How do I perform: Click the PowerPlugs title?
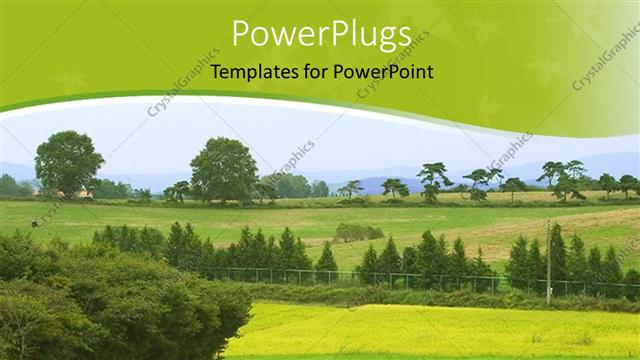[x=321, y=35]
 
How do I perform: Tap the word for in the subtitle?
[x=316, y=72]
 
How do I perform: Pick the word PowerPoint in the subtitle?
[x=384, y=72]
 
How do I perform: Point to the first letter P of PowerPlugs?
[x=241, y=34]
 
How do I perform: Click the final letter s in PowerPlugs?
[x=403, y=36]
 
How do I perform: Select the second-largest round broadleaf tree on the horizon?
[x=223, y=168]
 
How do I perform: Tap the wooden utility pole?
[x=548, y=262]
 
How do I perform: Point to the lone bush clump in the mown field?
[x=358, y=232]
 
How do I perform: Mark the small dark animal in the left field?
[x=34, y=223]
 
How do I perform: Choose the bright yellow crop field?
[x=430, y=330]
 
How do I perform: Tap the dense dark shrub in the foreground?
[x=110, y=300]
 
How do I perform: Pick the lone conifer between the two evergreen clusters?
[x=326, y=259]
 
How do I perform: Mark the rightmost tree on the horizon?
[x=628, y=185]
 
